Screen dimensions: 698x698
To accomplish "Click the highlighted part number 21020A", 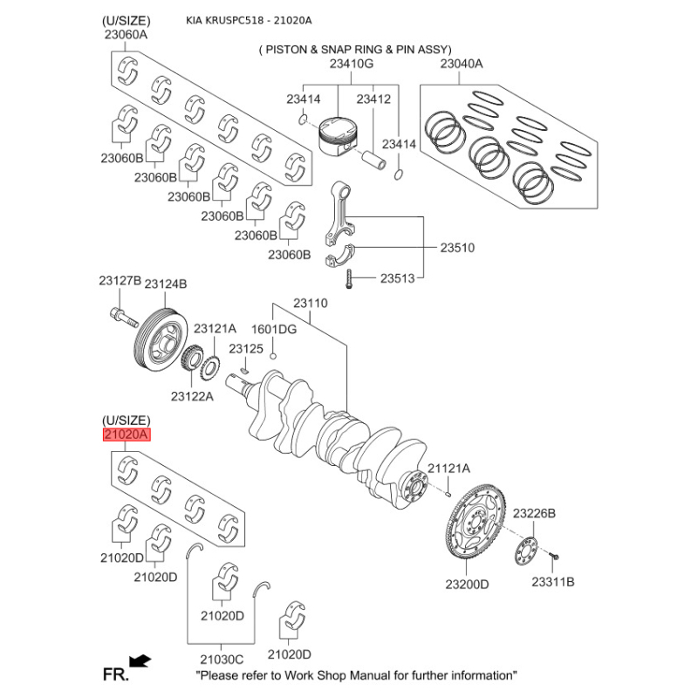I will click(x=127, y=435).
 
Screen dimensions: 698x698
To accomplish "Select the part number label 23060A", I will click(x=126, y=35).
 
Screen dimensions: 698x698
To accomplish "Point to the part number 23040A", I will click(x=462, y=65).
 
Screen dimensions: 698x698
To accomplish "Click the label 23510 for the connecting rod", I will click(x=456, y=248).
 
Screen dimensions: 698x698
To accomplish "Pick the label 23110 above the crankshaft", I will click(x=310, y=304).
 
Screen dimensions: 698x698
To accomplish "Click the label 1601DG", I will click(x=274, y=330).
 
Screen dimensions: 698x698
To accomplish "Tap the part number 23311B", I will click(x=554, y=581).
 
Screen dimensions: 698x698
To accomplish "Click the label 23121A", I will click(x=215, y=329).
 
